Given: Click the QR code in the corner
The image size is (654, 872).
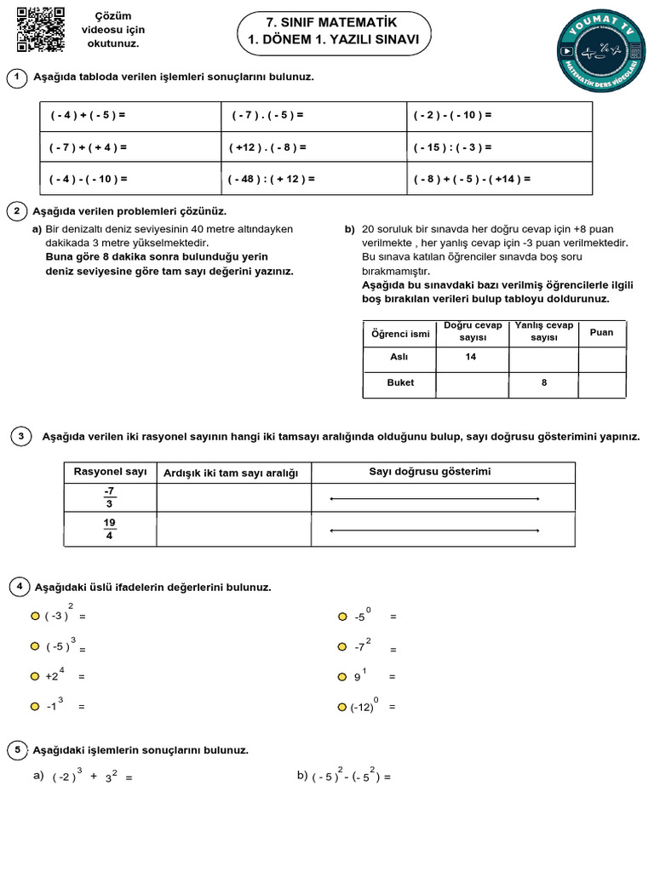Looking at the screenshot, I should [41, 29].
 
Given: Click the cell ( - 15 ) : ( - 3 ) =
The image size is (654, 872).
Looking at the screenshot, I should [499, 147].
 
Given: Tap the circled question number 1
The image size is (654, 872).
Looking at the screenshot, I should [16, 78].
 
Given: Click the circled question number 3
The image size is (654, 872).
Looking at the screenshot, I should [20, 437].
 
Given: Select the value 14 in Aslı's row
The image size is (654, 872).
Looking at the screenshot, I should [470, 358].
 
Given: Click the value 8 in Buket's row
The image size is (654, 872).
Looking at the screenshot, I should [544, 383].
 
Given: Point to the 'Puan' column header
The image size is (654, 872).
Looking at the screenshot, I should [601, 332].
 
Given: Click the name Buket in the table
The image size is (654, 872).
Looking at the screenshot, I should [400, 383].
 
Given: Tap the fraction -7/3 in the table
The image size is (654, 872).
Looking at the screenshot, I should [109, 497].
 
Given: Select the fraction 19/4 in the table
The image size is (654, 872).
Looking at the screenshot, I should [109, 529].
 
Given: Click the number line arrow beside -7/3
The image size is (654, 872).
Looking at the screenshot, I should [434, 498].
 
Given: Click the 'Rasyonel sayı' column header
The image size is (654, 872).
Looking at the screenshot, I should [111, 472].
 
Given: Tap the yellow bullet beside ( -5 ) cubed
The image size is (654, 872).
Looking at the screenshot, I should [35, 646].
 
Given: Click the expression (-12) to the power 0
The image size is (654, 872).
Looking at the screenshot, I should [364, 706].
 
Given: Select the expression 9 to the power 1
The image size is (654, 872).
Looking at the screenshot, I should [360, 676].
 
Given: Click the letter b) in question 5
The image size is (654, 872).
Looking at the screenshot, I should [301, 776].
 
